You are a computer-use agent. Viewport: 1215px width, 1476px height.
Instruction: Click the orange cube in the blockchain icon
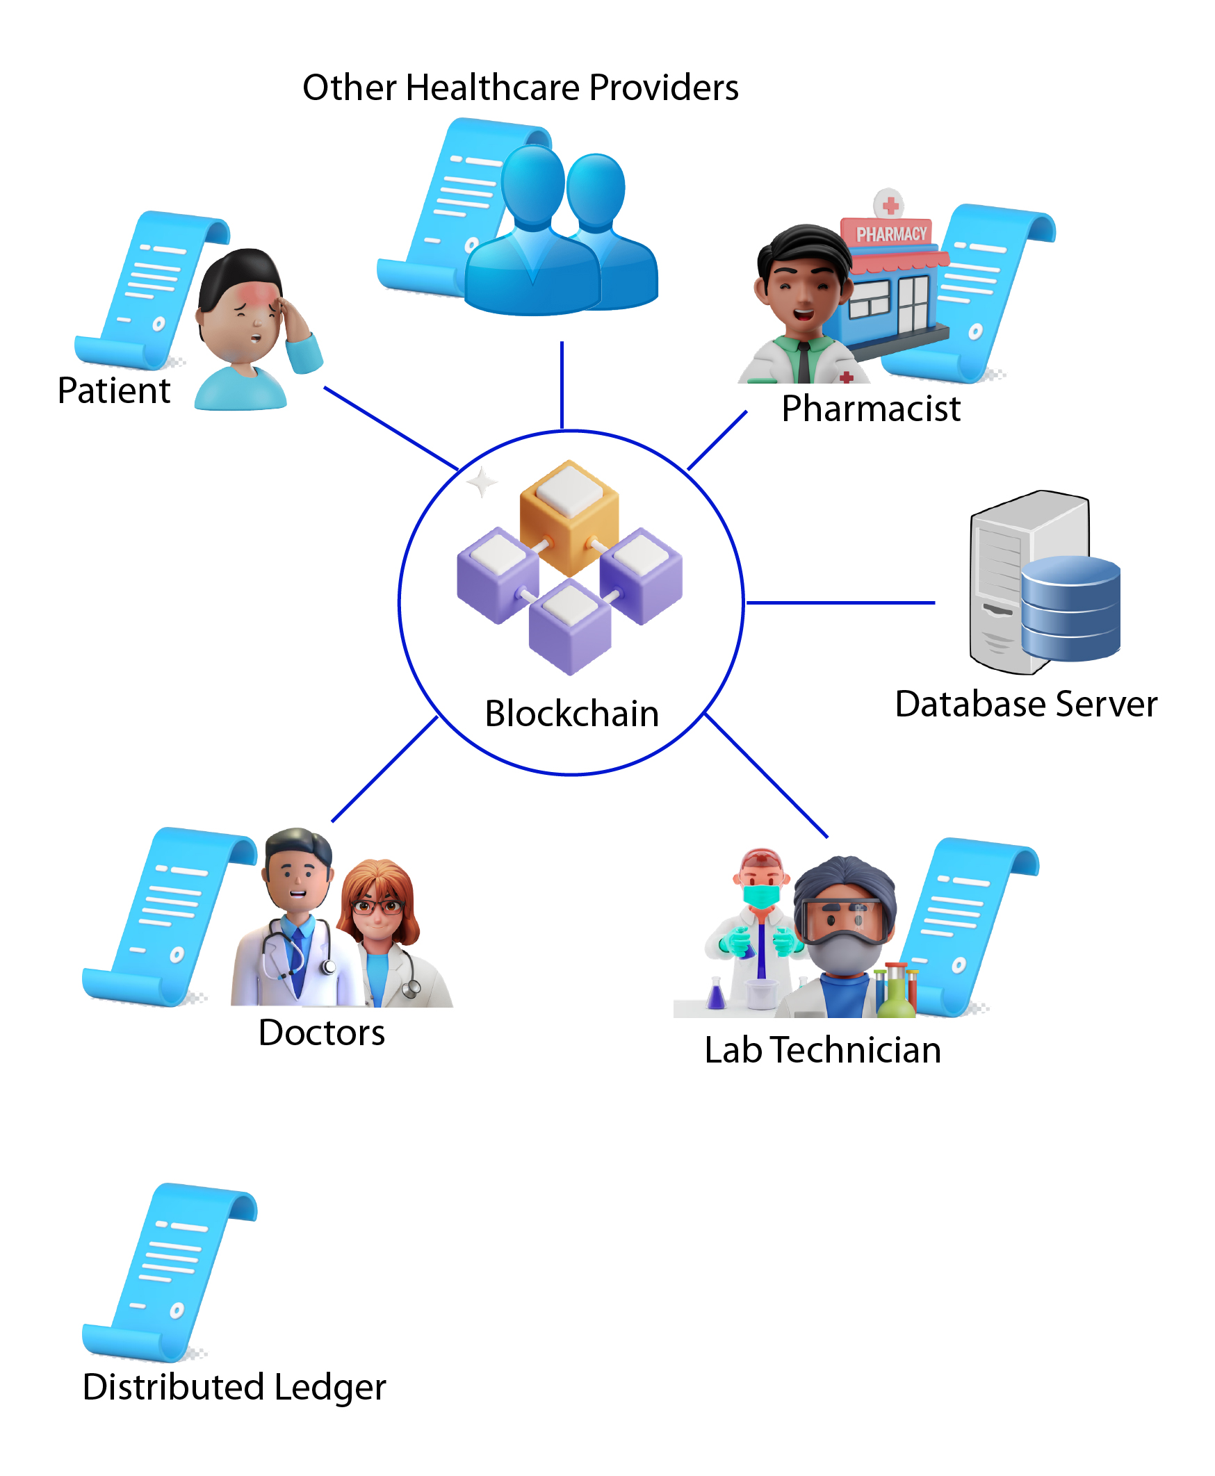(569, 518)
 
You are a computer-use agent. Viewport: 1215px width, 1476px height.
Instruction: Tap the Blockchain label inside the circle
(572, 714)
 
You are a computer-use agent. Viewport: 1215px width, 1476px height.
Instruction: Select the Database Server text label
(1025, 704)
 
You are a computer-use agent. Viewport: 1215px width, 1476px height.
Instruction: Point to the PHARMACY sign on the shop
(891, 233)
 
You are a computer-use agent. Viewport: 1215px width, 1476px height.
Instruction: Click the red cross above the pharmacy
(890, 206)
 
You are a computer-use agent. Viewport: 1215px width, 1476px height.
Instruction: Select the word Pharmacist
(871, 409)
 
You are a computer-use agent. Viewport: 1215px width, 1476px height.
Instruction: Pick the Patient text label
(114, 391)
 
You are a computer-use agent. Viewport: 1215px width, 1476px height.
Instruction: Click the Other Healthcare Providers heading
(520, 88)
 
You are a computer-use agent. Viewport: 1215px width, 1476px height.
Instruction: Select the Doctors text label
(321, 1033)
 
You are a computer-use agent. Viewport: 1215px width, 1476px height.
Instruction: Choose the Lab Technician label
(822, 1050)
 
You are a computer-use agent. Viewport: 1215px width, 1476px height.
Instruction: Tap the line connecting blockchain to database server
(840, 602)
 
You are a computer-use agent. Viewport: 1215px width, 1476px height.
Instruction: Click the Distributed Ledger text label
(234, 1386)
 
